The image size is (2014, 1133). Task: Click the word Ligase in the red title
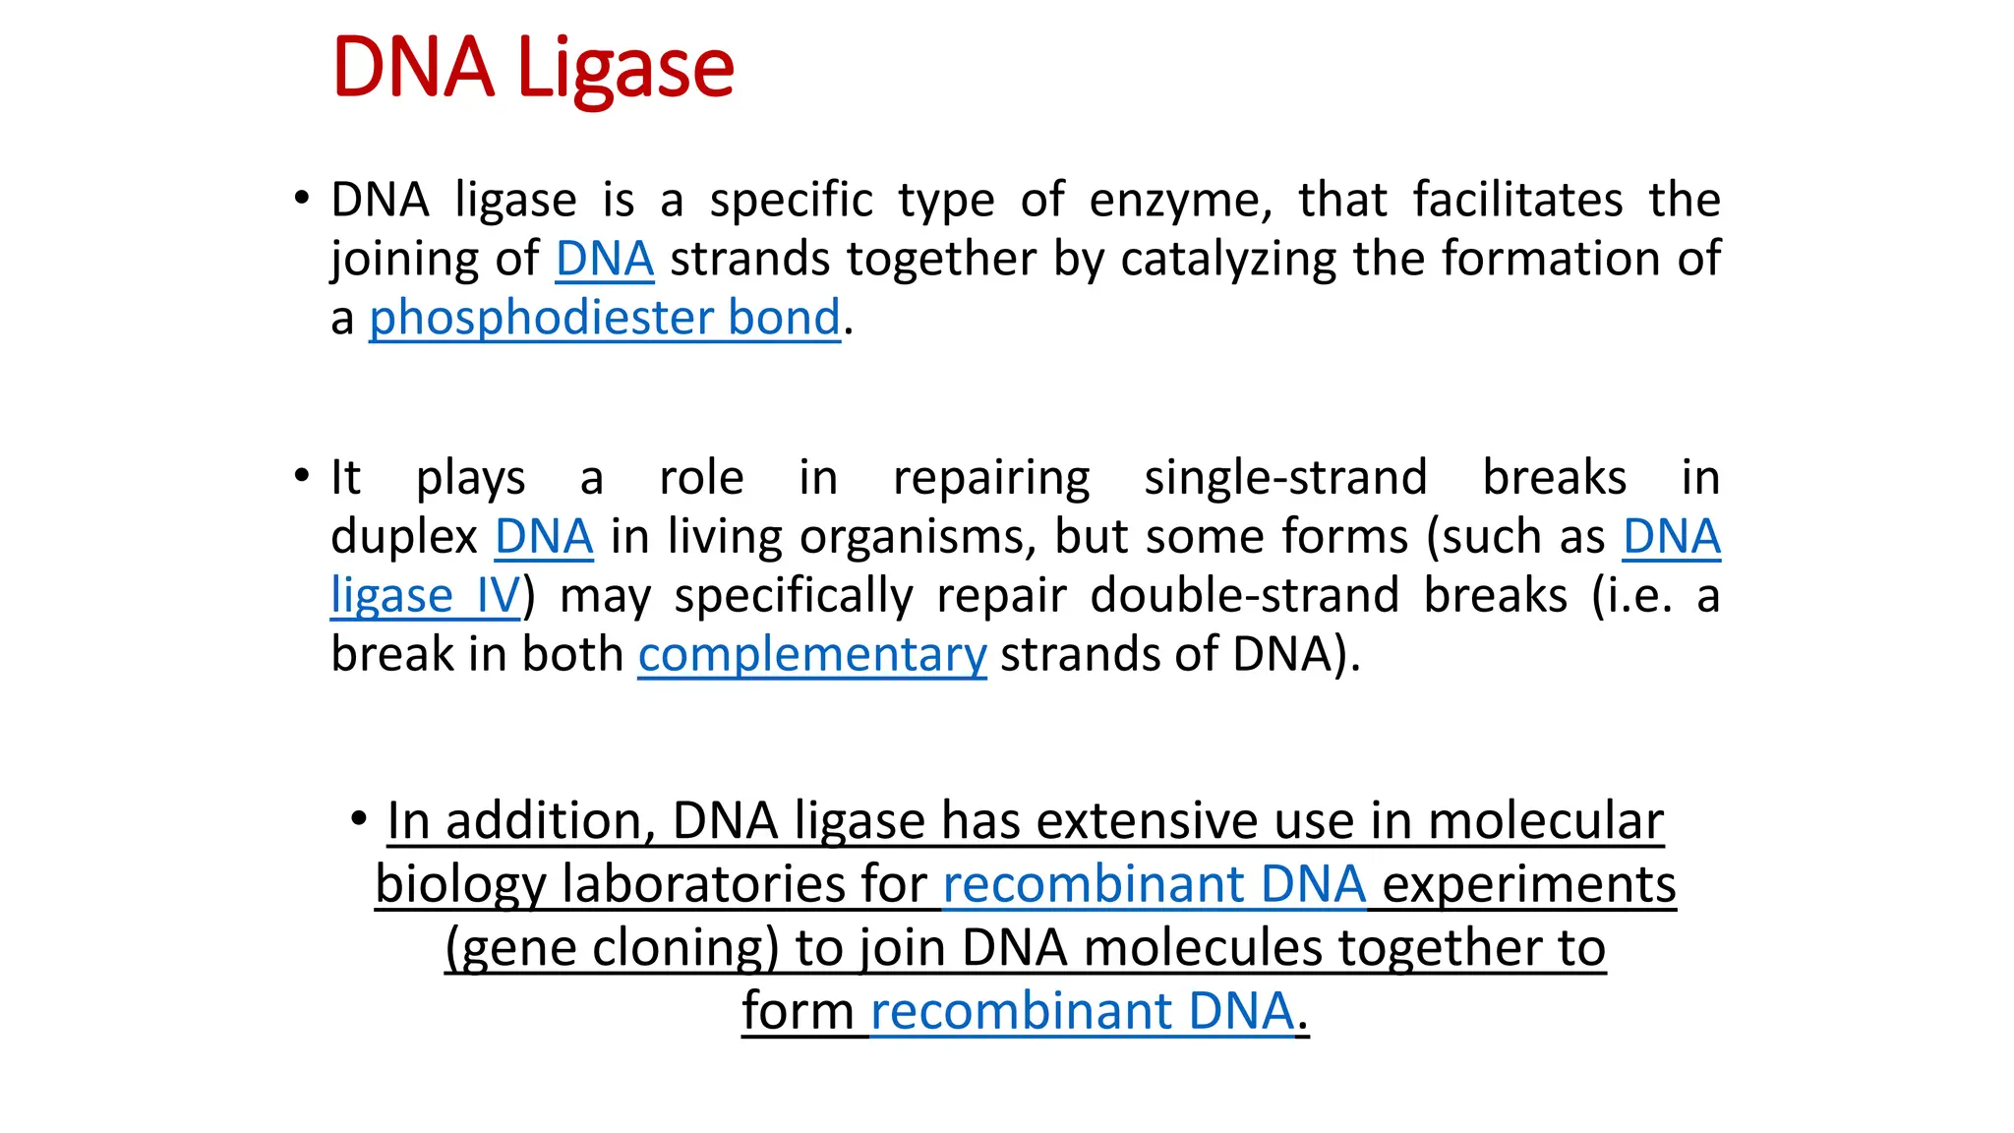pyautogui.click(x=624, y=69)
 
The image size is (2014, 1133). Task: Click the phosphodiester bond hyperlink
pyautogui.click(x=604, y=318)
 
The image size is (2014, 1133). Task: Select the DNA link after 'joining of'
pyautogui.click(x=604, y=260)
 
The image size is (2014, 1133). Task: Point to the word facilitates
pyautogui.click(x=1517, y=200)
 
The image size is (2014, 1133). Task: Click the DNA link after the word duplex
pyautogui.click(x=544, y=537)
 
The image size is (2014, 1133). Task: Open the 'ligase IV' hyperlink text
pyautogui.click(x=425, y=596)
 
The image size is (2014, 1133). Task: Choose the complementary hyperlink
pyautogui.click(x=811, y=655)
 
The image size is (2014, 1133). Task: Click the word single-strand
pyautogui.click(x=1284, y=478)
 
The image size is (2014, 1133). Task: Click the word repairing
pyautogui.click(x=991, y=479)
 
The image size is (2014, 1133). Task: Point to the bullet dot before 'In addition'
pyautogui.click(x=359, y=817)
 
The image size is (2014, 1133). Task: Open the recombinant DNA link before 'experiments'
pyautogui.click(x=1154, y=884)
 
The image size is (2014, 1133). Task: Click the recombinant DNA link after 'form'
pyautogui.click(x=1082, y=1011)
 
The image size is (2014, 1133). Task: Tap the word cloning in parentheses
pyautogui.click(x=678, y=948)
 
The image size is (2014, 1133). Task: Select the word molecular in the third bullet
pyautogui.click(x=1545, y=821)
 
